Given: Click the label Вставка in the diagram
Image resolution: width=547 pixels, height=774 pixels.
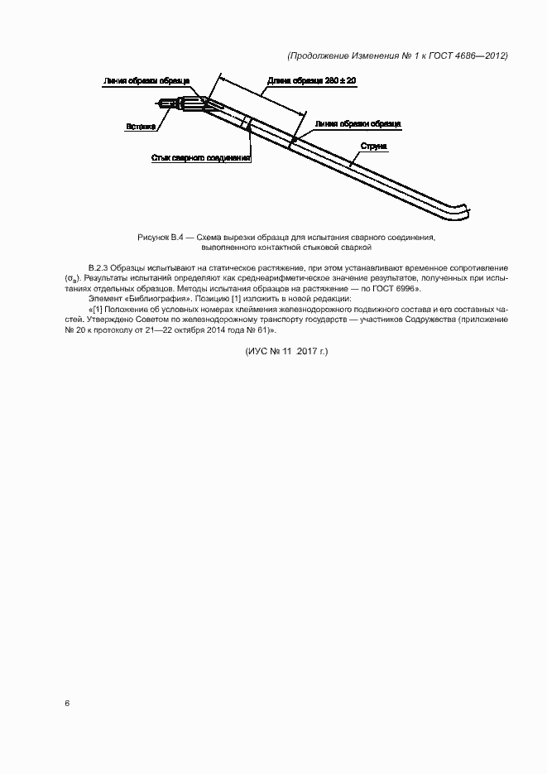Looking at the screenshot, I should coord(142,127).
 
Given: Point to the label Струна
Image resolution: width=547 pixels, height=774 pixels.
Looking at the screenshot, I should coord(372,146).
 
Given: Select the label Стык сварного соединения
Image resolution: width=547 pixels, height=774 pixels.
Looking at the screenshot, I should coord(200,156).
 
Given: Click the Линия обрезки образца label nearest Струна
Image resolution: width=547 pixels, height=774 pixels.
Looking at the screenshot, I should coord(358,123).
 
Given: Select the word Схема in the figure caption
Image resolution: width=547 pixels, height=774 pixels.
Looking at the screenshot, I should coord(210,238).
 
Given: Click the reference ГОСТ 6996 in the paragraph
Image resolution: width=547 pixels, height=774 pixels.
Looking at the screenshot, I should coord(401,289).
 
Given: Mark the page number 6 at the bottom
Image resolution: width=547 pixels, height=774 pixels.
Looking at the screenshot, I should coord(67,703).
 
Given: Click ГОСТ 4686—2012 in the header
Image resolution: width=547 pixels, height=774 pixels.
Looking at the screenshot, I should coord(475,56).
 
